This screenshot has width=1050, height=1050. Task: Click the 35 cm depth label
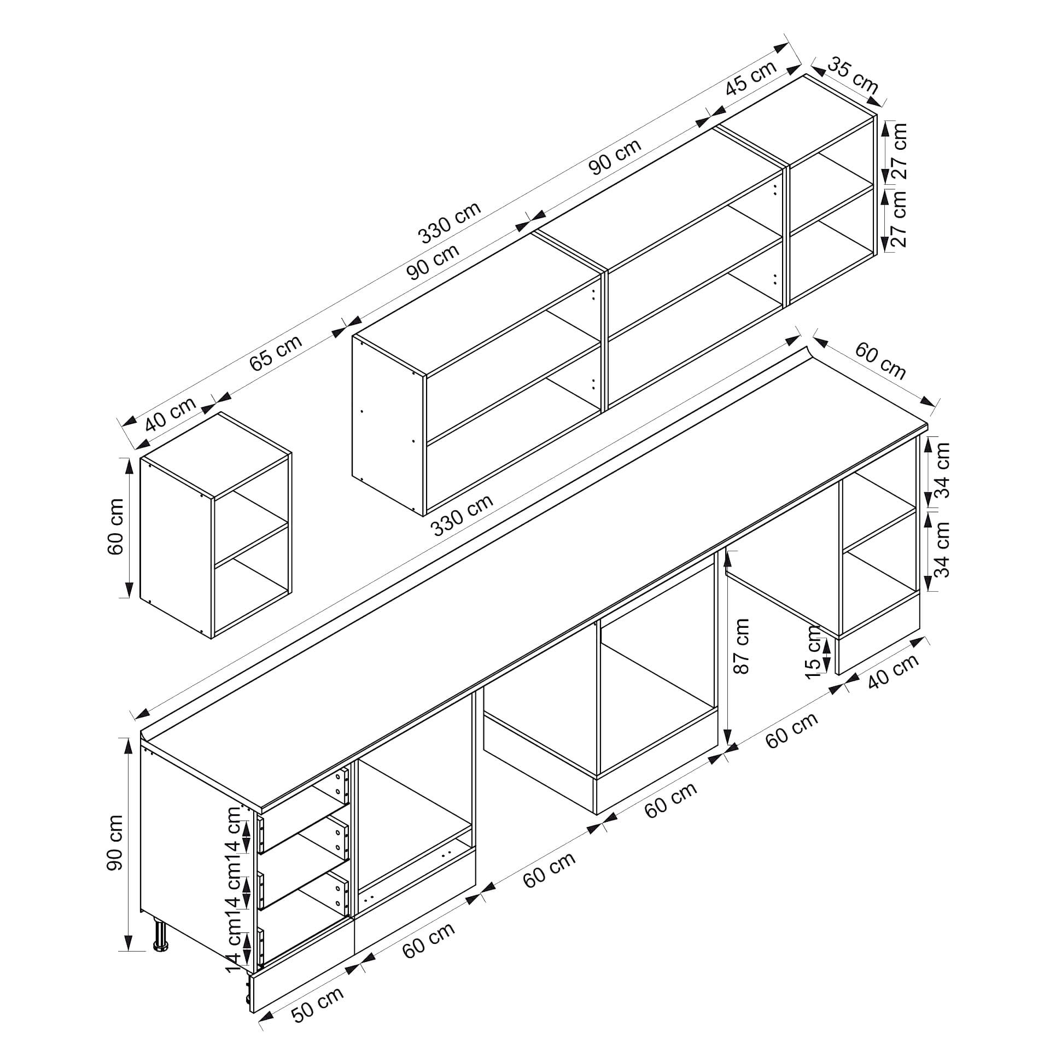point(853,75)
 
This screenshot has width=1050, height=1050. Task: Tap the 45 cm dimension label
point(751,78)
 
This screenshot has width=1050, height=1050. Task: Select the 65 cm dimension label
point(276,352)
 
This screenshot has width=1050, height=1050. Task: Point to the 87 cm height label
point(742,645)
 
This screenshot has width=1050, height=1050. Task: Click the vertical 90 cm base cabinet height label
point(115,850)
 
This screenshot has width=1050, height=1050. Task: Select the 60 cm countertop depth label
point(880,361)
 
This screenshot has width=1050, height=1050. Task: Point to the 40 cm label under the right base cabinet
point(893,671)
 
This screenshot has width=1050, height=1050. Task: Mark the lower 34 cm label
point(942,549)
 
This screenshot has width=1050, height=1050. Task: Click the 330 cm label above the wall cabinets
point(450,222)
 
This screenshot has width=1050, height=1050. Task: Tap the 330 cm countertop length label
point(462,515)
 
